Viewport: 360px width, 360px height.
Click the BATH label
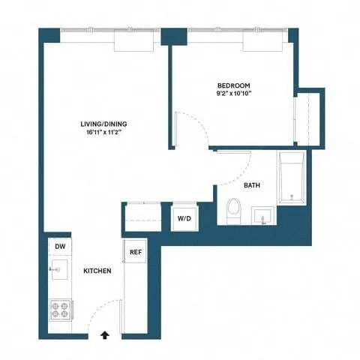tap(252, 184)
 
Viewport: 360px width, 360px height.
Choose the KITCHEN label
tap(97, 271)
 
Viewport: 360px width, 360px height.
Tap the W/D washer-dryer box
tap(183, 218)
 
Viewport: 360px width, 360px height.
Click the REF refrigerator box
tap(136, 253)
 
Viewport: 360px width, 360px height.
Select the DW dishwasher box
tap(60, 247)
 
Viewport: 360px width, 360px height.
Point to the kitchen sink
tap(60, 269)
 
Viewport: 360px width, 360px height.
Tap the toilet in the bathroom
tap(233, 210)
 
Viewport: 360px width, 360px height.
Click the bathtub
tap(291, 178)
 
